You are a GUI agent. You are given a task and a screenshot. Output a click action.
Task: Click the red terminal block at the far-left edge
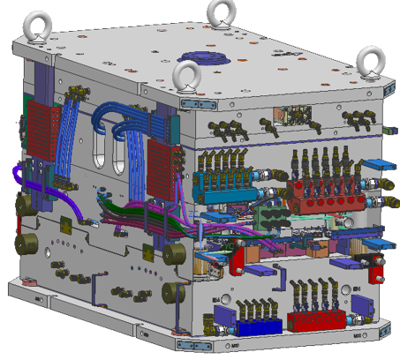41,128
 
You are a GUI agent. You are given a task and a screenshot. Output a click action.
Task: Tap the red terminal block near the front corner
162,159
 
